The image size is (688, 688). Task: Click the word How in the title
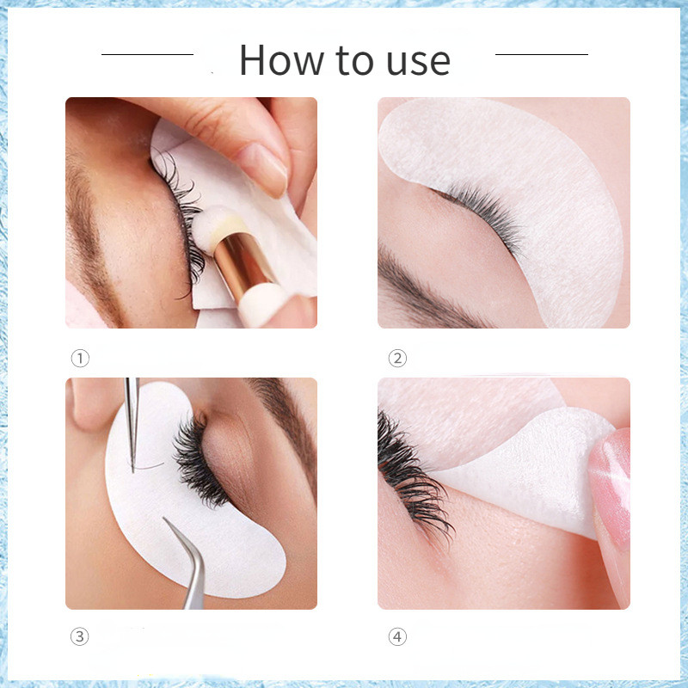(x=281, y=60)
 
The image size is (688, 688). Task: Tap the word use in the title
(x=419, y=62)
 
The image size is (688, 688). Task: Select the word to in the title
(x=354, y=61)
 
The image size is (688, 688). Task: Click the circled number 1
(x=80, y=358)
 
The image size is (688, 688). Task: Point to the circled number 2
(x=397, y=358)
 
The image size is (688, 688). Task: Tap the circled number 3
(x=80, y=636)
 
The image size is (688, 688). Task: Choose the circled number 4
(x=397, y=636)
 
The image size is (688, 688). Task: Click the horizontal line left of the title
(x=147, y=54)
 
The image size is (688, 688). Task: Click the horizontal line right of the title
(x=542, y=54)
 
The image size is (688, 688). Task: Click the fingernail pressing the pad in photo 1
(x=263, y=169)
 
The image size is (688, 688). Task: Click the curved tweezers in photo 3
(x=191, y=566)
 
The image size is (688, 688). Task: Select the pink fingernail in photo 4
(x=611, y=487)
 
